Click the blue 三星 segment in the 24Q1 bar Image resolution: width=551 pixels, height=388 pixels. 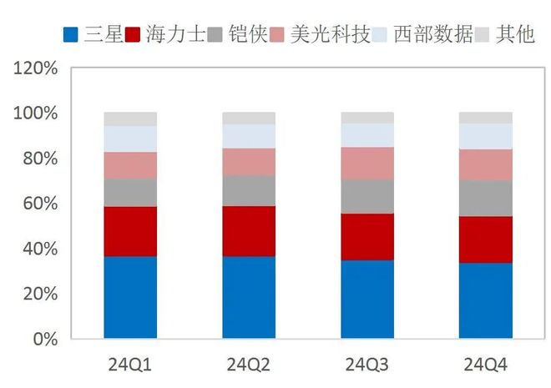point(130,297)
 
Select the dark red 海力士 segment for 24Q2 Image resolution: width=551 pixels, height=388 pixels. point(249,230)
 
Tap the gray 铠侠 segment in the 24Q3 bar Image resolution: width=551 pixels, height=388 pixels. point(367,196)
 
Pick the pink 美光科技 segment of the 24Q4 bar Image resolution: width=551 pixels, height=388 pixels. point(486,164)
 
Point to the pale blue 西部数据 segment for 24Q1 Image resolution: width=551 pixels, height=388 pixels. point(130,139)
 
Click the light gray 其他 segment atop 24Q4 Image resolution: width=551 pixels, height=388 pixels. point(486,118)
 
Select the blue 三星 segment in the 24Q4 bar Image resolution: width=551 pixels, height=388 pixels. point(486,300)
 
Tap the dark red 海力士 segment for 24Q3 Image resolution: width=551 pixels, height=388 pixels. point(367,237)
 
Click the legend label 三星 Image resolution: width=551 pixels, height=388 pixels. point(104,35)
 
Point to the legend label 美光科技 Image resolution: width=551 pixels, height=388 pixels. point(331,35)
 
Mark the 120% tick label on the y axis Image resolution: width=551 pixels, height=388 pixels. point(36,68)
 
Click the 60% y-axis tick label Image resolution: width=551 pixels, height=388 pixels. point(39,204)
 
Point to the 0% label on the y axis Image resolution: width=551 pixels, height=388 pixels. point(43,340)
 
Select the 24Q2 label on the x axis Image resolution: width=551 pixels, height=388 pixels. point(249,364)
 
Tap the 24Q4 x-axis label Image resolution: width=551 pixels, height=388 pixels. point(486,364)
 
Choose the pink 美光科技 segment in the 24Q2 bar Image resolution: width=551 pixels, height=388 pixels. point(249,162)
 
